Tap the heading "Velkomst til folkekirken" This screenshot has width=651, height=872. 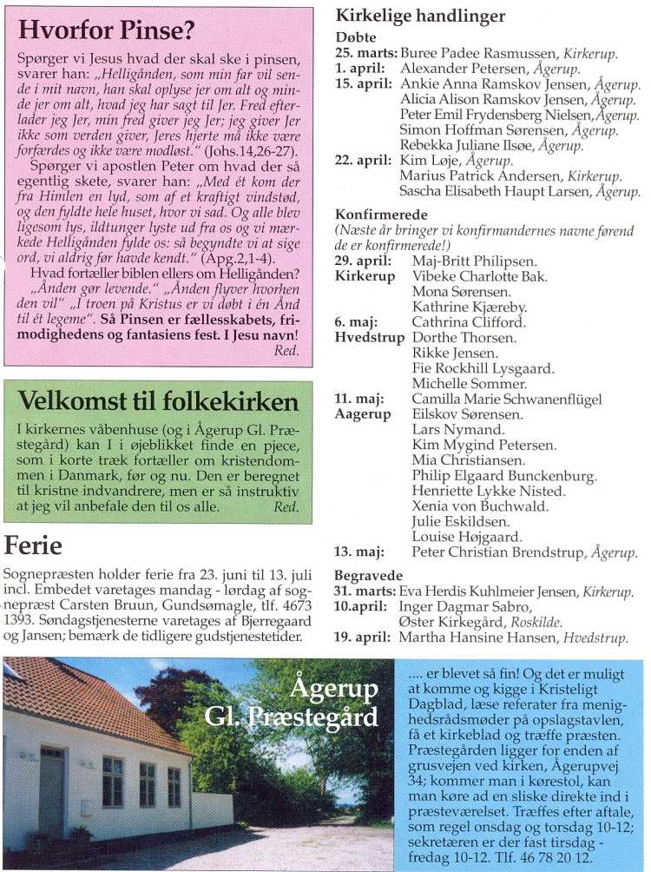pyautogui.click(x=158, y=401)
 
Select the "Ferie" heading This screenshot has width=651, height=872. pyautogui.click(x=33, y=546)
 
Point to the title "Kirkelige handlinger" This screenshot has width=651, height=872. pyautogui.click(x=420, y=16)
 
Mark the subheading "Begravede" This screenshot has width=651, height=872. pyautogui.click(x=368, y=575)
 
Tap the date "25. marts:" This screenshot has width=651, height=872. pyautogui.click(x=365, y=54)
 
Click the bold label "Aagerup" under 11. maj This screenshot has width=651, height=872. pyautogui.click(x=363, y=414)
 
